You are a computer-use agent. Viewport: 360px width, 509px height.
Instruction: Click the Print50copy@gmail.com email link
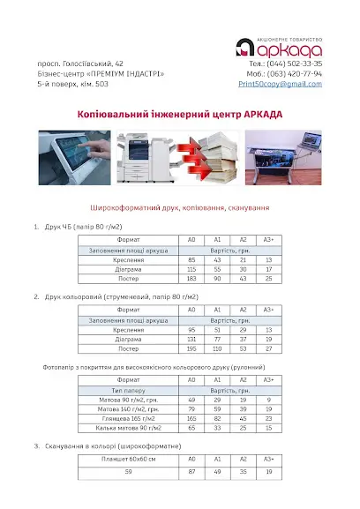(280, 83)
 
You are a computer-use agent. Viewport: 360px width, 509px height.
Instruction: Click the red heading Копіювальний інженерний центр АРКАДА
(180, 115)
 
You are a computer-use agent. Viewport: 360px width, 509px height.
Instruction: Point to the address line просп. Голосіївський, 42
(74, 64)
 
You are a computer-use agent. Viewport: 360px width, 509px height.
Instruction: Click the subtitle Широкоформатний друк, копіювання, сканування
(179, 208)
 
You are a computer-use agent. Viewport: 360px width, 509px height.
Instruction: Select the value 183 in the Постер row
(191, 280)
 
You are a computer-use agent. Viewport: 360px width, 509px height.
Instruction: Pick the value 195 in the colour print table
(191, 348)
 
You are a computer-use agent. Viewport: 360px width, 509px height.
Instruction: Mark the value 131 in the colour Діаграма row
(191, 339)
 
